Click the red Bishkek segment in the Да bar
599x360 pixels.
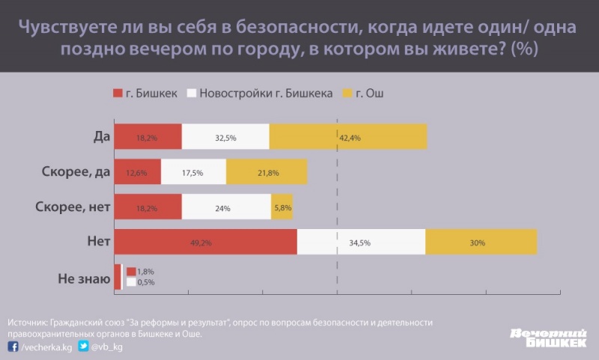(148, 137)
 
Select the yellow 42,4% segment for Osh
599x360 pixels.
(348, 137)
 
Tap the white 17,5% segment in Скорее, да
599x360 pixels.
(192, 172)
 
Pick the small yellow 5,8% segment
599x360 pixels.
(282, 207)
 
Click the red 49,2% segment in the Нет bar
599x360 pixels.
(205, 242)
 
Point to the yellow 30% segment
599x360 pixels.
(481, 242)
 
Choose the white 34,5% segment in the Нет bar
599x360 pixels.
(361, 242)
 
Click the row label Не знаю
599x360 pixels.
(84, 278)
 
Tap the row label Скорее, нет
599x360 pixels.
(73, 207)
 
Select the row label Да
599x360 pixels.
(102, 137)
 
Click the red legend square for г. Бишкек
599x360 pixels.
(117, 94)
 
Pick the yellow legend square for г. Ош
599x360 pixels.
(347, 94)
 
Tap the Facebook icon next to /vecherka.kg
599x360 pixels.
(13, 347)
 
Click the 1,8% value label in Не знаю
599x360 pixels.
(147, 271)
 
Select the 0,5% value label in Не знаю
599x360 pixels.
(147, 282)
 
